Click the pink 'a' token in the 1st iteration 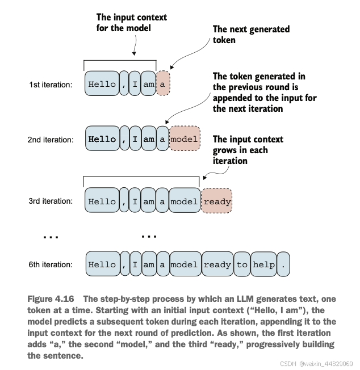pyautogui.click(x=163, y=83)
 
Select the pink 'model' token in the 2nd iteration pyautogui.click(x=185, y=138)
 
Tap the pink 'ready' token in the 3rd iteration pyautogui.click(x=217, y=201)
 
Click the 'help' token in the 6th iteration pyautogui.click(x=263, y=264)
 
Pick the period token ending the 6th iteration pyautogui.click(x=283, y=264)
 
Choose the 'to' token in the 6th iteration pyautogui.click(x=242, y=264)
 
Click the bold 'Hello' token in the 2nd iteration pyautogui.click(x=102, y=138)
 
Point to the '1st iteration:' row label pyautogui.click(x=51, y=85)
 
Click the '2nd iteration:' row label pyautogui.click(x=51, y=140)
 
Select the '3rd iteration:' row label pyautogui.click(x=51, y=201)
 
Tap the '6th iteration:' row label pyautogui.click(x=51, y=264)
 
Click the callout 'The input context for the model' pyautogui.click(x=132, y=23)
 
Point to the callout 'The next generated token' pyautogui.click(x=251, y=35)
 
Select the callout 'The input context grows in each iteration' pyautogui.click(x=248, y=150)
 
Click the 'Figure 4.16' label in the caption pyautogui.click(x=51, y=299)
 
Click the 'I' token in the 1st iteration pyautogui.click(x=135, y=83)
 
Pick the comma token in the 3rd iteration pyautogui.click(x=124, y=200)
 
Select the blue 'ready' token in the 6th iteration pyautogui.click(x=217, y=264)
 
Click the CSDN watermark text pyautogui.click(x=316, y=364)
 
